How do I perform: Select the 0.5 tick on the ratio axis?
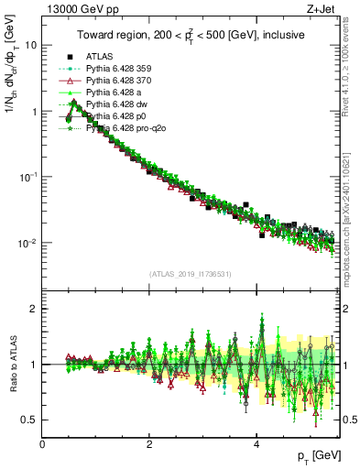point(29,420)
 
